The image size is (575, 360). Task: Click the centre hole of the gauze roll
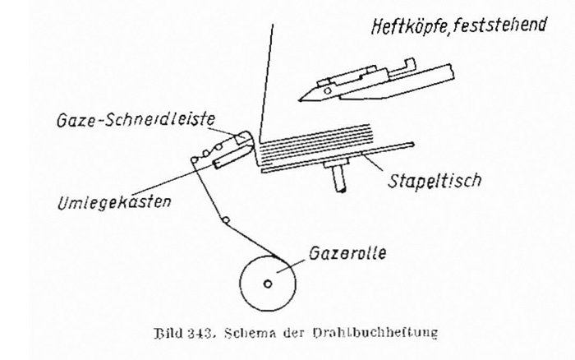point(269,285)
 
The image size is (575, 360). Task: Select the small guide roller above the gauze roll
point(224,220)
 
